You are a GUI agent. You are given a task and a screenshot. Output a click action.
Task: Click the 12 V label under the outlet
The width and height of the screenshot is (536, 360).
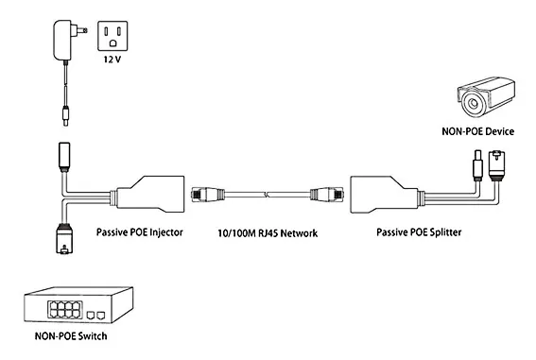(x=112, y=60)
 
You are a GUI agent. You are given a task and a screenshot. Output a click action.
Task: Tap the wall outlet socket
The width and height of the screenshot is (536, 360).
(x=112, y=36)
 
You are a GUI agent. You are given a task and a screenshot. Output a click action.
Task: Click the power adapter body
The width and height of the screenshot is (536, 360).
(x=62, y=41)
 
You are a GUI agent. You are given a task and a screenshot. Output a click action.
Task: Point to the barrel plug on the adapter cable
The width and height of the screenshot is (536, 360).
(x=65, y=116)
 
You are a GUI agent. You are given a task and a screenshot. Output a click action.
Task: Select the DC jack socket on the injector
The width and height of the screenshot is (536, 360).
(x=64, y=157)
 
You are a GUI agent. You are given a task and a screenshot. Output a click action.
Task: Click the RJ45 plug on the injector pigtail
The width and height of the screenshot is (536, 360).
(x=64, y=239)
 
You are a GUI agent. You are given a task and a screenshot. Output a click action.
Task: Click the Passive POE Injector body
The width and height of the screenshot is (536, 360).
(x=150, y=195)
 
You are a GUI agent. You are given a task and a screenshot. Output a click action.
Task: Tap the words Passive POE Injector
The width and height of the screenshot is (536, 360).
(x=140, y=232)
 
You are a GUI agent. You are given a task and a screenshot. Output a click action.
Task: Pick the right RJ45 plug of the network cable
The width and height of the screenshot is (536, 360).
(x=327, y=195)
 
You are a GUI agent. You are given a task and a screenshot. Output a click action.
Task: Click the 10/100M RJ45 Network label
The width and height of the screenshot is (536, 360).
(x=268, y=233)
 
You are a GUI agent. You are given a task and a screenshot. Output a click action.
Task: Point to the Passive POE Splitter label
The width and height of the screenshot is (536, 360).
(x=419, y=232)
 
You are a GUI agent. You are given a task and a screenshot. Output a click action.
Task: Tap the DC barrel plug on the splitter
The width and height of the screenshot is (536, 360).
(x=477, y=165)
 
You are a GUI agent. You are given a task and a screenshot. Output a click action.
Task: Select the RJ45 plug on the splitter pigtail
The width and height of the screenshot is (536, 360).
(x=496, y=166)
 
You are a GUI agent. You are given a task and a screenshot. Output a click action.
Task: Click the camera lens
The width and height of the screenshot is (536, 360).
(x=474, y=103)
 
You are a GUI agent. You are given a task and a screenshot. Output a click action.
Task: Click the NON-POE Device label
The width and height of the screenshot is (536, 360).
(x=478, y=131)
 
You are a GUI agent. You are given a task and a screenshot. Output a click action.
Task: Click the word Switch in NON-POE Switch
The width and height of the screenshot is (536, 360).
(x=93, y=336)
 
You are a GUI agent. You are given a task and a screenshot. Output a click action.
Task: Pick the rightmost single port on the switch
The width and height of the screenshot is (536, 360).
(x=101, y=316)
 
